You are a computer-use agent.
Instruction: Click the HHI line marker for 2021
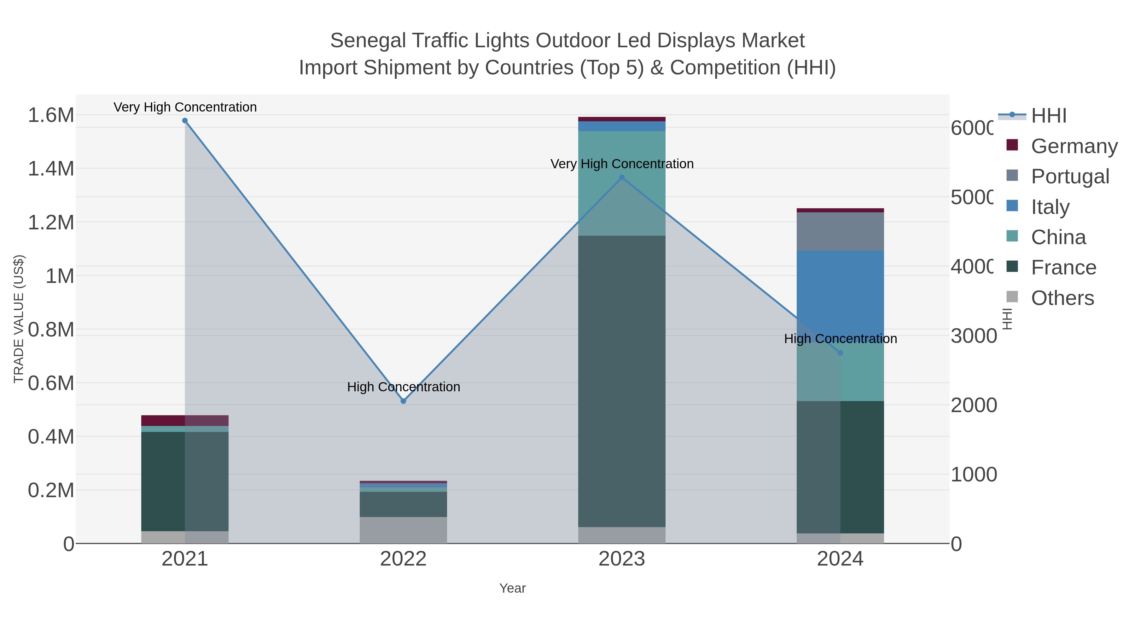click(x=185, y=121)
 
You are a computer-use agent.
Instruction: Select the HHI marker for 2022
click(x=403, y=401)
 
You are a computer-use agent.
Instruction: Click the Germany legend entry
click(x=1074, y=146)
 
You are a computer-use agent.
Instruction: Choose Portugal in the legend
click(x=1070, y=176)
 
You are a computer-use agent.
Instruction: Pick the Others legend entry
click(x=1062, y=298)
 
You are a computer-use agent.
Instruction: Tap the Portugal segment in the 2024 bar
click(x=840, y=232)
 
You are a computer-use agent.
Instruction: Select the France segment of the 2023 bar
click(x=622, y=381)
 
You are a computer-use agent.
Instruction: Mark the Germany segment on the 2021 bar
click(x=163, y=421)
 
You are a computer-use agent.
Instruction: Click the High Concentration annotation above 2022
click(x=403, y=387)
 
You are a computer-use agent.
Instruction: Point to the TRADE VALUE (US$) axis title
click(x=19, y=319)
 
